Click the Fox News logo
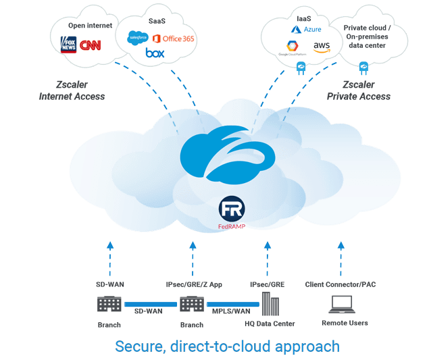pyautogui.click(x=68, y=45)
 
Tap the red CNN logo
pyautogui.click(x=91, y=45)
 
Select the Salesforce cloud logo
pyautogui.click(x=138, y=38)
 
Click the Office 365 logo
pyautogui.click(x=174, y=38)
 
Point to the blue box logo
pyautogui.click(x=155, y=53)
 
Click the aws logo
pyautogui.click(x=321, y=46)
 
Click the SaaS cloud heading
pyautogui.click(x=157, y=21)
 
